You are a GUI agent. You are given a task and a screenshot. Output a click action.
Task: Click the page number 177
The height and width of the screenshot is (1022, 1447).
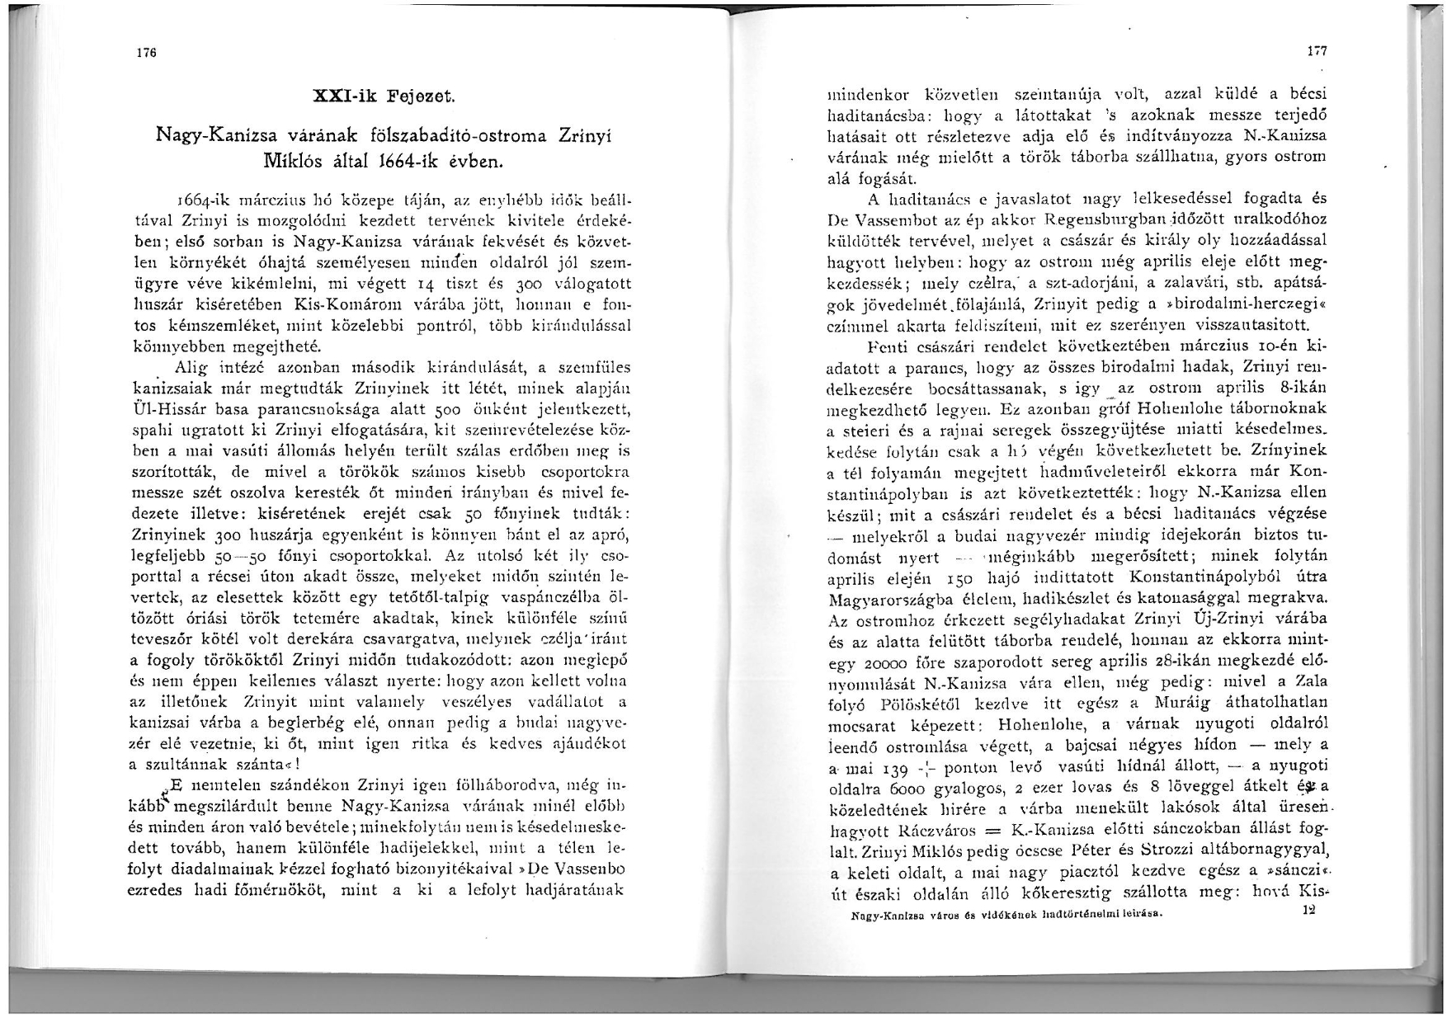[x=1317, y=51]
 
